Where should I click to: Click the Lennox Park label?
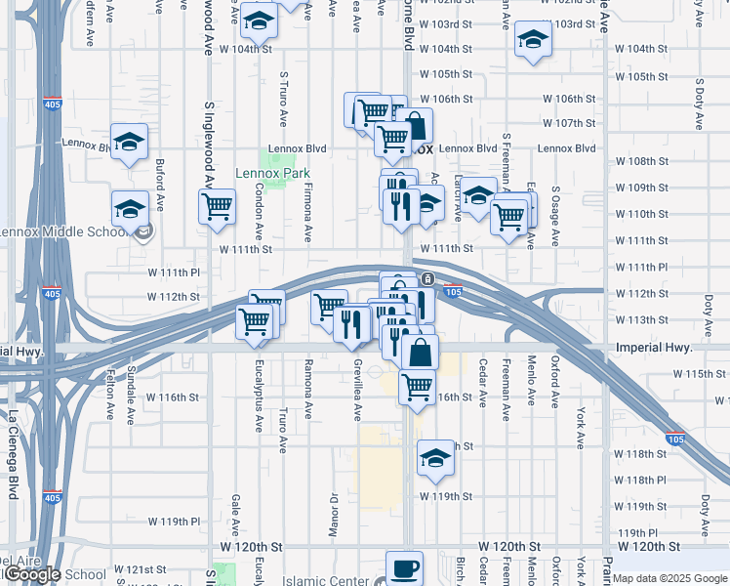[271, 174]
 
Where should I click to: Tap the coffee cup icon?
[404, 568]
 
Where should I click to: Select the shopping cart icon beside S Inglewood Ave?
[216, 206]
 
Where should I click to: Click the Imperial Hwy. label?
[654, 348]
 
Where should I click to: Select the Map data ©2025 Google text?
[669, 578]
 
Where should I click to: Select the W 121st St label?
[142, 568]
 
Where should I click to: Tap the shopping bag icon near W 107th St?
[415, 126]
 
